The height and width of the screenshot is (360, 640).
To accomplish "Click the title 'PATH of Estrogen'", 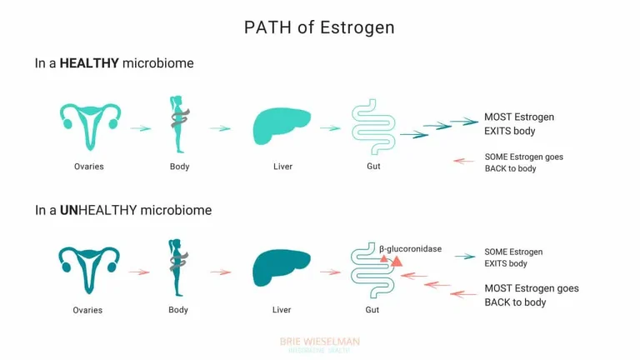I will click(319, 27).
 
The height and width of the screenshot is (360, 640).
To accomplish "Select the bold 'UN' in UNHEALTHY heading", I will click(69, 210).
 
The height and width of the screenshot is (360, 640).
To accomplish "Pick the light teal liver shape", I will click(282, 127).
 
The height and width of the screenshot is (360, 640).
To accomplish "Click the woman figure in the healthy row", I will click(178, 125).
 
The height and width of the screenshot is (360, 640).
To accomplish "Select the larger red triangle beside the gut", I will click(397, 262).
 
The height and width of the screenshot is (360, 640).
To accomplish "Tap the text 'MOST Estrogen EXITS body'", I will click(518, 124).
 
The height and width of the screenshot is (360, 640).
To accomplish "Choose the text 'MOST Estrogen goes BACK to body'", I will click(531, 295).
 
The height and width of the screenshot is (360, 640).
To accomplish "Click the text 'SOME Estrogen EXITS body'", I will click(513, 257).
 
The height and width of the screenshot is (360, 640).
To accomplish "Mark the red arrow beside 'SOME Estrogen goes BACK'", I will click(464, 161).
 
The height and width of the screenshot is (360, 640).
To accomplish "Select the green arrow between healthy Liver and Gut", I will click(330, 128).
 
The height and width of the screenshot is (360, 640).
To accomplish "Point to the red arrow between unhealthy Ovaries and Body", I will click(139, 272).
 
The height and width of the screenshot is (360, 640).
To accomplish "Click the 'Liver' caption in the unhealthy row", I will click(282, 310).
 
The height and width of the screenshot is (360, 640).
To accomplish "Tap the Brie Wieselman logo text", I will click(320, 342).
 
